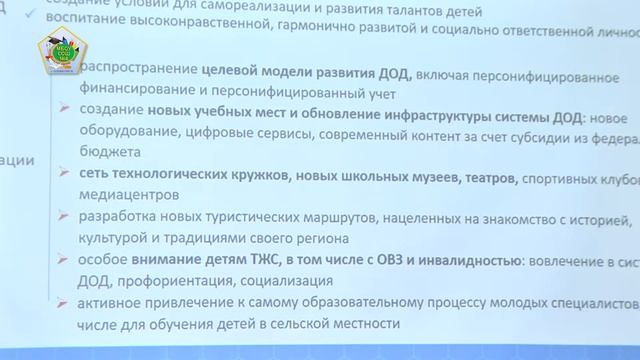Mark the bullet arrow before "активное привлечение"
click(64, 303)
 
